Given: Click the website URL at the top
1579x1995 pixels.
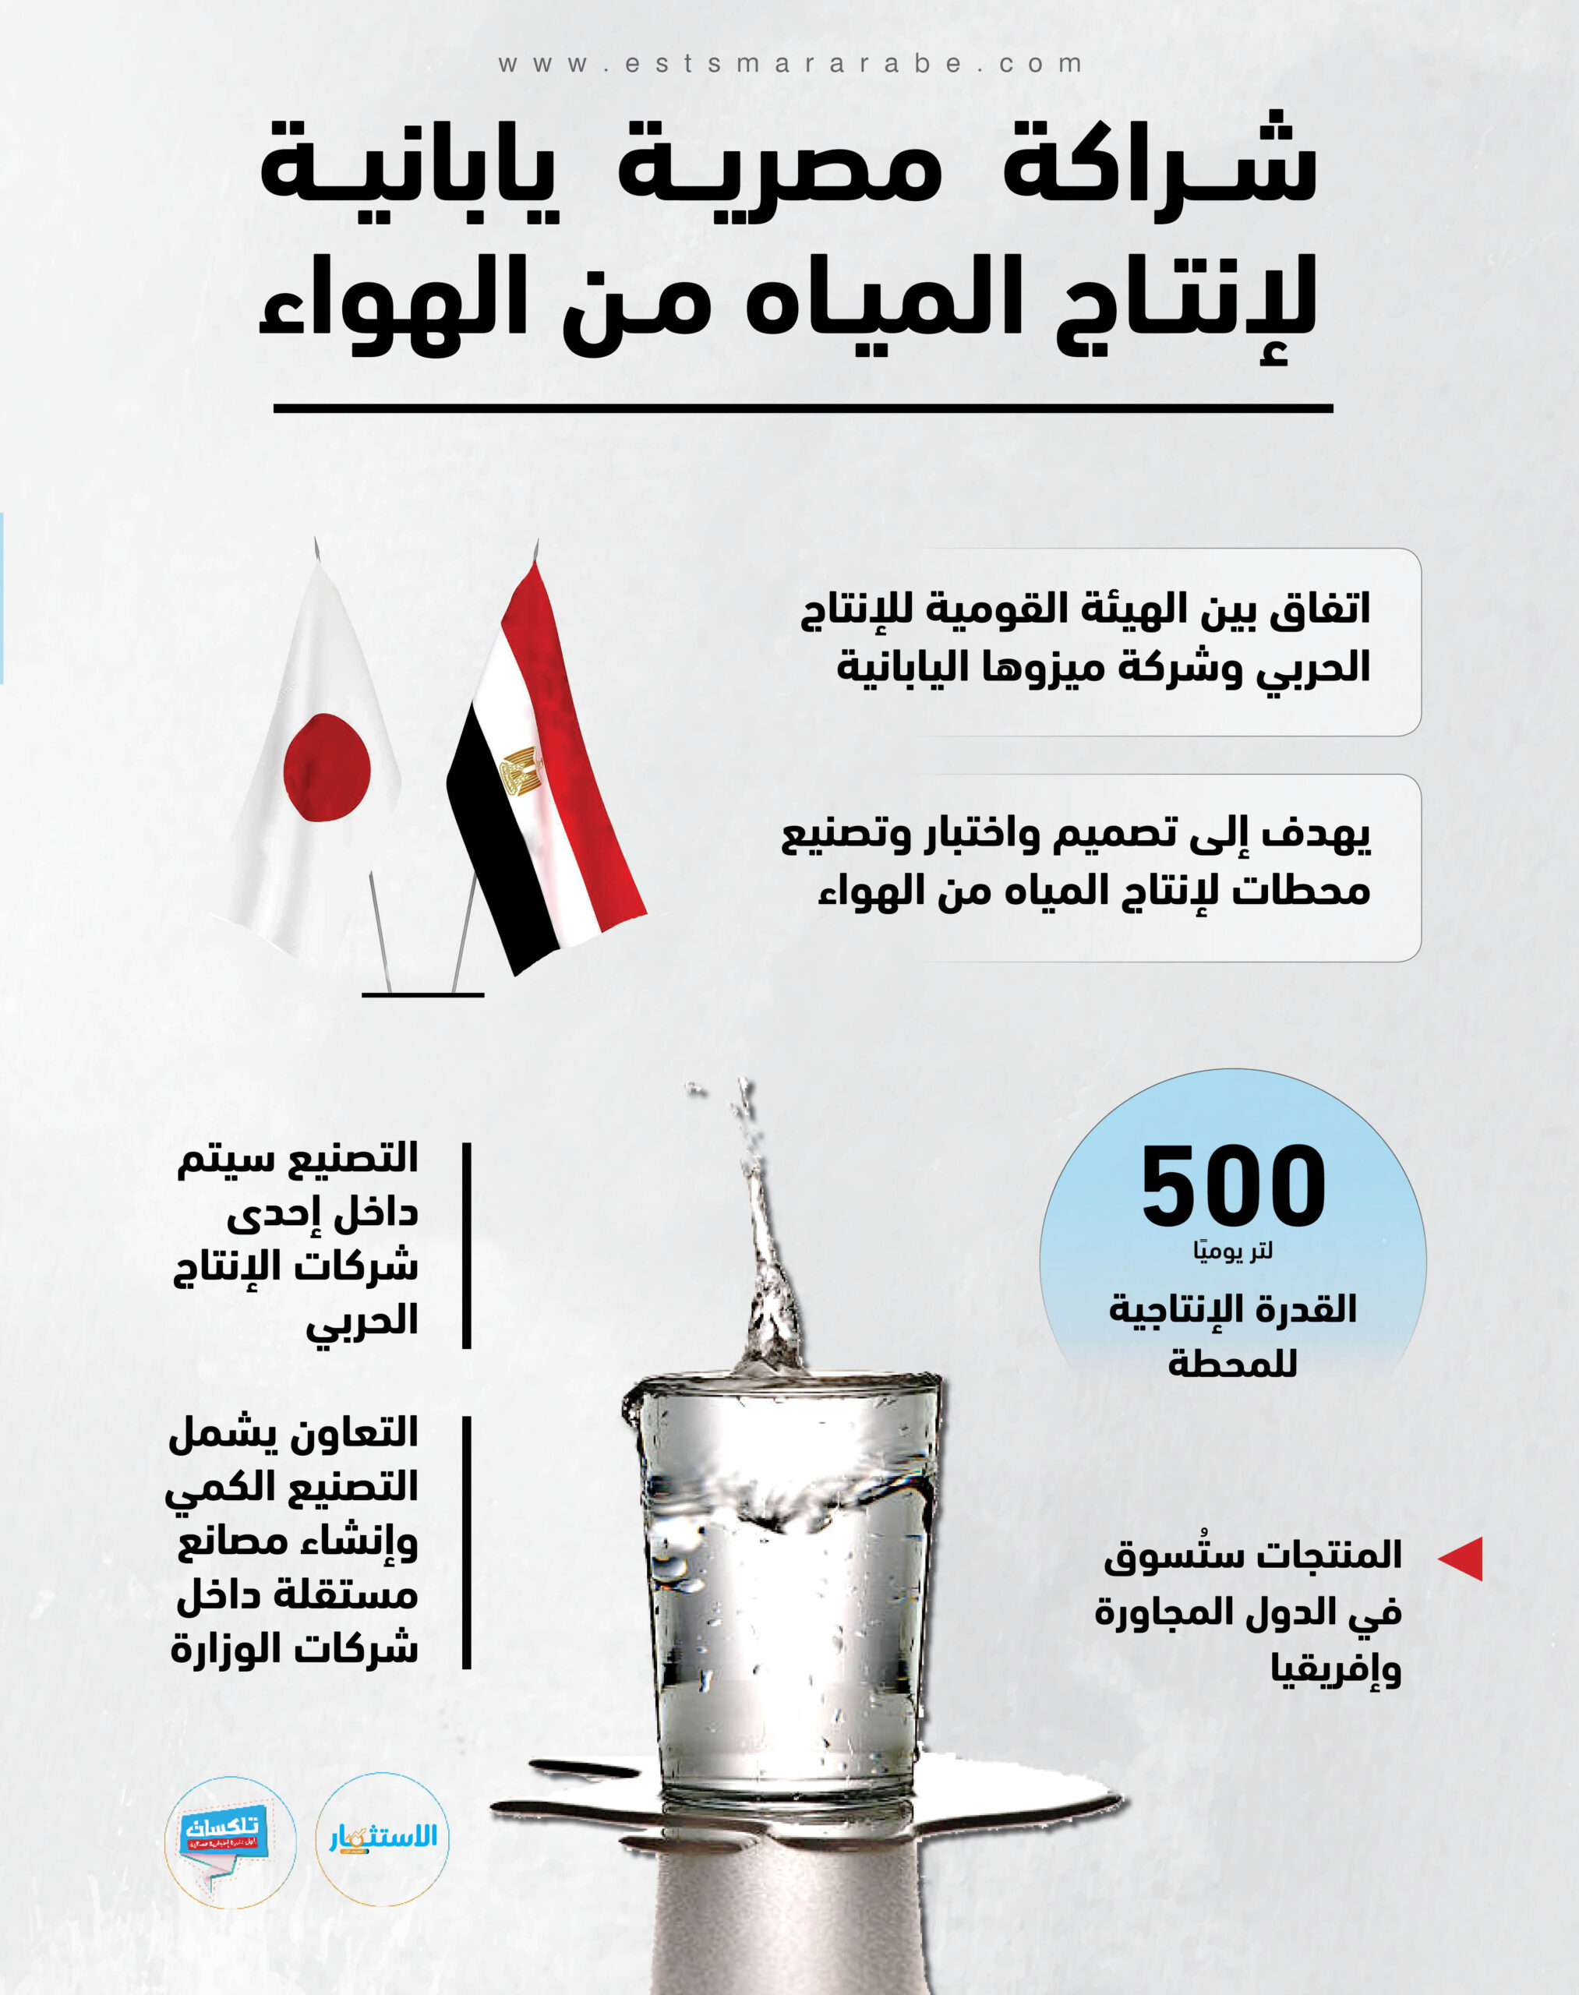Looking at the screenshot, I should pyautogui.click(x=789, y=64).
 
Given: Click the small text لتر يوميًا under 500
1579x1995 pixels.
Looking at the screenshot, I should pyautogui.click(x=1232, y=1252).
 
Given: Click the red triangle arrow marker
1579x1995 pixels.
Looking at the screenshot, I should pyautogui.click(x=1463, y=1559).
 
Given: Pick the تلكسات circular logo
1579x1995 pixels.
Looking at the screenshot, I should pyautogui.click(x=230, y=1841).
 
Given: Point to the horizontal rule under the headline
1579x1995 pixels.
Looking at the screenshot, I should pyautogui.click(x=803, y=408).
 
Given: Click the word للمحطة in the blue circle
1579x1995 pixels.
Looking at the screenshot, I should pyautogui.click(x=1232, y=1363).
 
